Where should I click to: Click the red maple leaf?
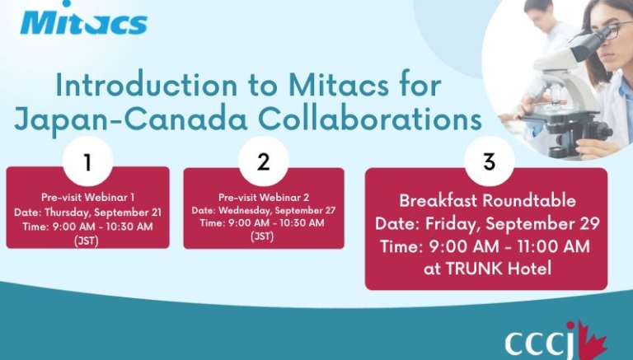pos(592,340)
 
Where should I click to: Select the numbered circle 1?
pos(87,161)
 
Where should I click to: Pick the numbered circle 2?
pos(263,161)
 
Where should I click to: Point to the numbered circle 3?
pos(490,161)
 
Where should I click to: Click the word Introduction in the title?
pos(147,85)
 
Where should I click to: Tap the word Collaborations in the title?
pos(370,119)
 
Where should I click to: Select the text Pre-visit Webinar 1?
pos(87,197)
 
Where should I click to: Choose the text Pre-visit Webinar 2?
pos(264,197)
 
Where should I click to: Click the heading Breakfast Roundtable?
pos(487,200)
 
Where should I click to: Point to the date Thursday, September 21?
pos(103,213)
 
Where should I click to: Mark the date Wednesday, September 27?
pos(277,210)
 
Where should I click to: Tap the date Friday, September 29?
pos(513,224)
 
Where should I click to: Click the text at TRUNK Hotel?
pos(487,269)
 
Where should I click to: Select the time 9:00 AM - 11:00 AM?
pos(509,246)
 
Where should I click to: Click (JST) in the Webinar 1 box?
pos(87,241)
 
